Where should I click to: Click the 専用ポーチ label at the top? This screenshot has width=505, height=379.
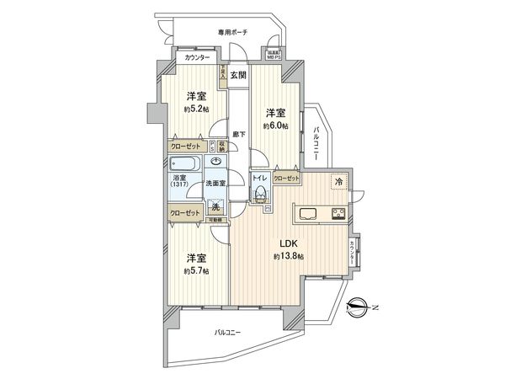(232, 32)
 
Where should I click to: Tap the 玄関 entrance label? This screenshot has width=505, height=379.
(237, 75)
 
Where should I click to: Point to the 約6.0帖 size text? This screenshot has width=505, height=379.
(275, 125)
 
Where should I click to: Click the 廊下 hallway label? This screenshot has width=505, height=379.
(240, 134)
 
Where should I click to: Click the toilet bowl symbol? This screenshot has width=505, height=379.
(262, 195)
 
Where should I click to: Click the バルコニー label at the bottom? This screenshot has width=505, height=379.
(228, 332)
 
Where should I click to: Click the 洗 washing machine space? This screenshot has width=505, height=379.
(216, 208)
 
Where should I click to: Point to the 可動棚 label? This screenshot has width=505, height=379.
(214, 221)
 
